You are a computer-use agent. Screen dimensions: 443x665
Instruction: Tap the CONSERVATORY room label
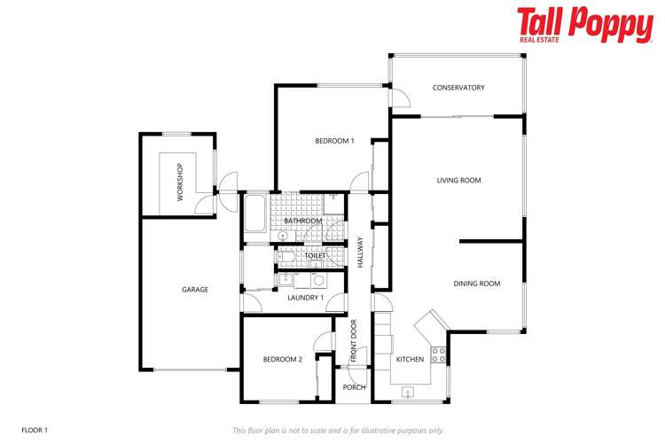coord(458,88)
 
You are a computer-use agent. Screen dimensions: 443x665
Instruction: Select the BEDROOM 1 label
coord(334,141)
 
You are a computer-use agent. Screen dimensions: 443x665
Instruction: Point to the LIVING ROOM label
coord(458,181)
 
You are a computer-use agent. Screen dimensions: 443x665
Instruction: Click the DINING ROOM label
coord(477,284)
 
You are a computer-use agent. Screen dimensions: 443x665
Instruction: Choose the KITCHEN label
coord(409,360)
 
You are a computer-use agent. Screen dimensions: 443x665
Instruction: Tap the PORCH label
coord(355,387)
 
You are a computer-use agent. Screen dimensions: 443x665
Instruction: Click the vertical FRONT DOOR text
coord(354,341)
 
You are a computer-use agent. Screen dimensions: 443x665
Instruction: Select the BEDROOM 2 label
coord(283,359)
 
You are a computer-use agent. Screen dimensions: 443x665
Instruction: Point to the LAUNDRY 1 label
coord(305,297)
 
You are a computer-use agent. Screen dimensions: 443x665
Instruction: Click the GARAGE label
coord(195,289)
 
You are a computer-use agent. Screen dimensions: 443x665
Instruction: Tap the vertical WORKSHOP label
coord(180,182)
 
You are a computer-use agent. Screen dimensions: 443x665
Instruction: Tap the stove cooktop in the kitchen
coord(438,355)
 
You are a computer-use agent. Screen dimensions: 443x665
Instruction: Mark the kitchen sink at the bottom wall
coord(410,392)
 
